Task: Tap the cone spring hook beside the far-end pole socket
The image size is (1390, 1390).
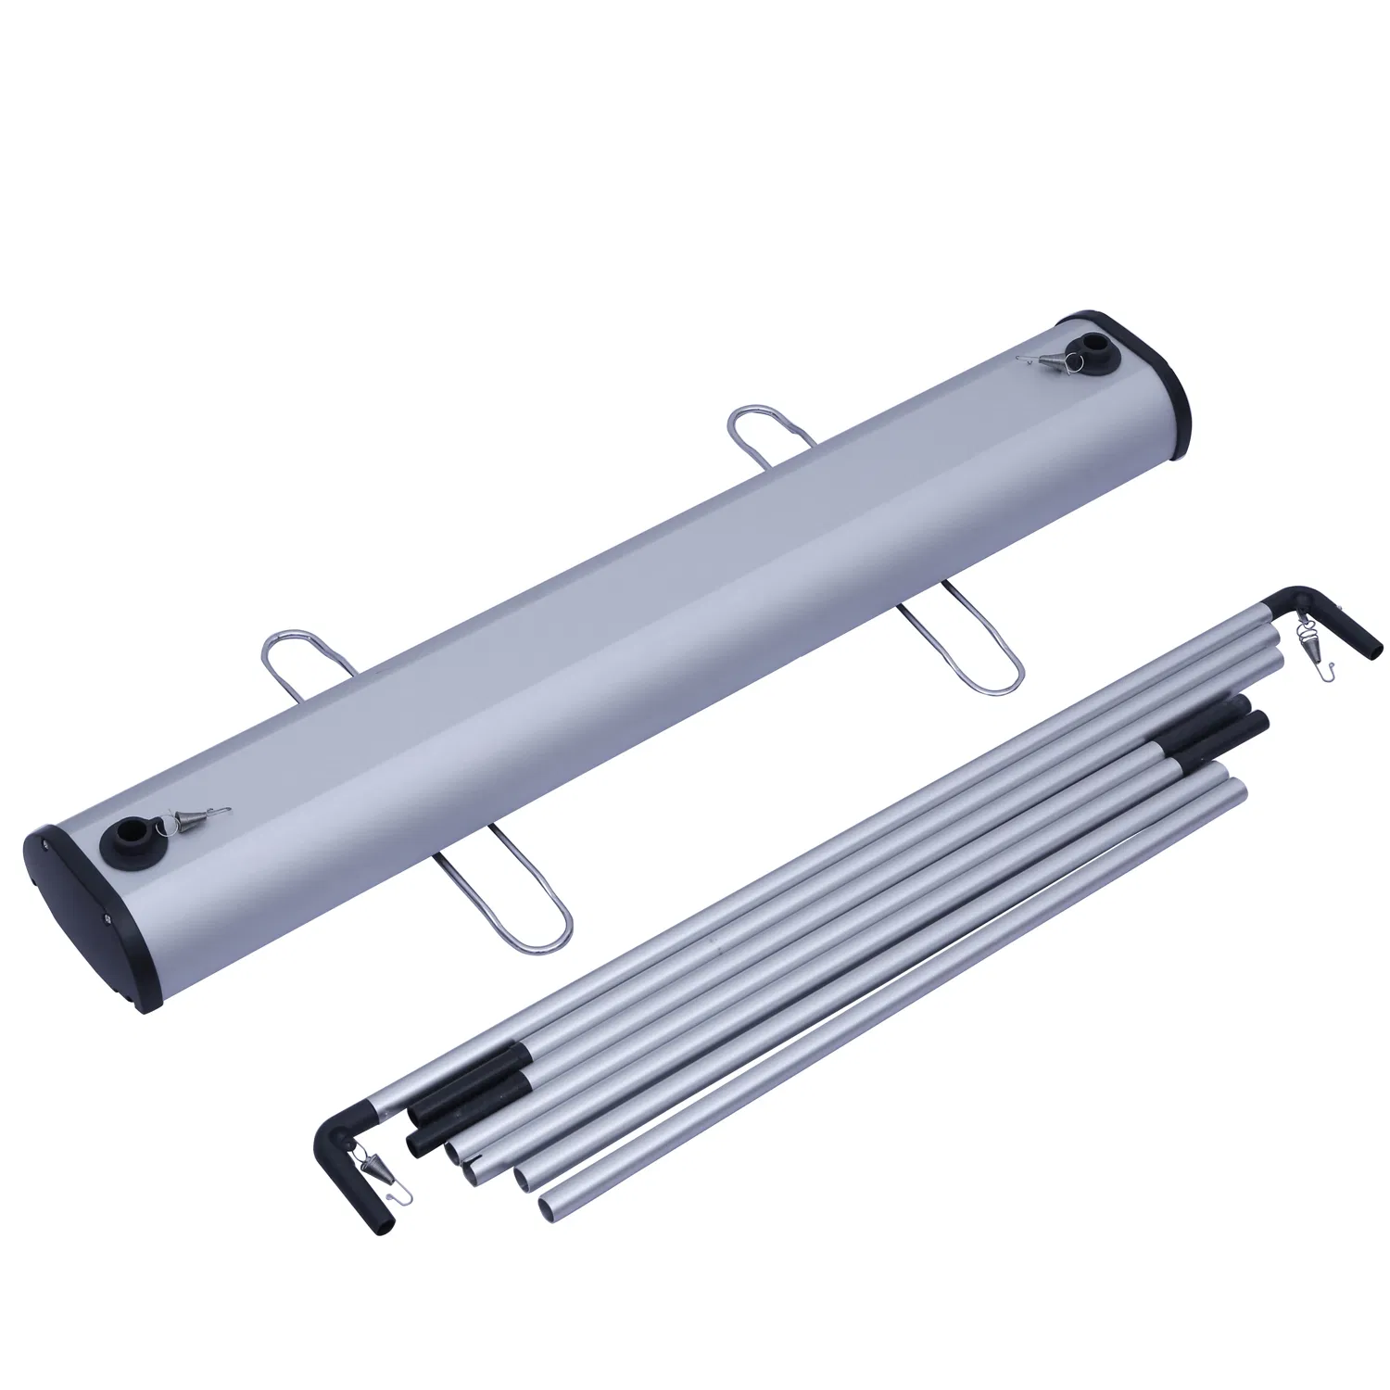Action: click(1042, 360)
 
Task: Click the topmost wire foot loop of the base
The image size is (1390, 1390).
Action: click(760, 426)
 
